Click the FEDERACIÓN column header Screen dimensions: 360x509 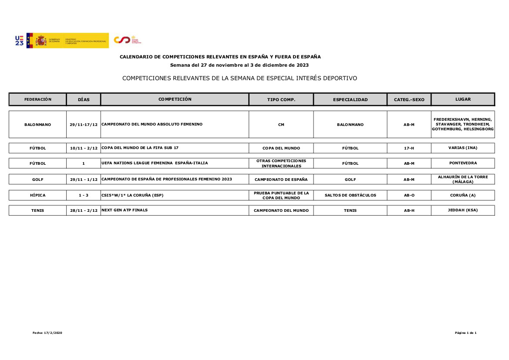[x=38, y=99]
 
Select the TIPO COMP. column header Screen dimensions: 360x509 [x=281, y=99]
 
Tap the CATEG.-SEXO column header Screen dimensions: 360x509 [x=409, y=99]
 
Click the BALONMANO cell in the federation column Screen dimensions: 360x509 [x=38, y=125]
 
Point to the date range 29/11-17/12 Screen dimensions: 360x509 [x=84, y=125]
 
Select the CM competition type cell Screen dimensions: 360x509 [x=281, y=125]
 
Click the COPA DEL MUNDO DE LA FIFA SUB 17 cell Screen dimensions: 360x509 [x=140, y=148]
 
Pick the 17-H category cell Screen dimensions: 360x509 [x=409, y=148]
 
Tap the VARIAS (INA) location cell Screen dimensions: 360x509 [x=462, y=148]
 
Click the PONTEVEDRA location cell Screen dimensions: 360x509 [x=462, y=163]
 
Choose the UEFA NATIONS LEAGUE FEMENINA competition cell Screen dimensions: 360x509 [x=155, y=163]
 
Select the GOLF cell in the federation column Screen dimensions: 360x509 [x=38, y=179]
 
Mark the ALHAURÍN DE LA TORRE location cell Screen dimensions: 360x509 [x=462, y=179]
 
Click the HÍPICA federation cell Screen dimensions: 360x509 [x=38, y=195]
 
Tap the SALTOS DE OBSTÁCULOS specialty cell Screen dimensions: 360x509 [x=350, y=195]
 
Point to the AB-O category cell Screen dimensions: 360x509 [x=409, y=195]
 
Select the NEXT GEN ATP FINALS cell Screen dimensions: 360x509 [x=125, y=210]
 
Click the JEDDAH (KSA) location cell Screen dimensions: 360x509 [x=462, y=210]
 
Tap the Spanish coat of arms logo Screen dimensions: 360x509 [x=41, y=41]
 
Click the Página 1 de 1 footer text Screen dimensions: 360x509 [x=465, y=333]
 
